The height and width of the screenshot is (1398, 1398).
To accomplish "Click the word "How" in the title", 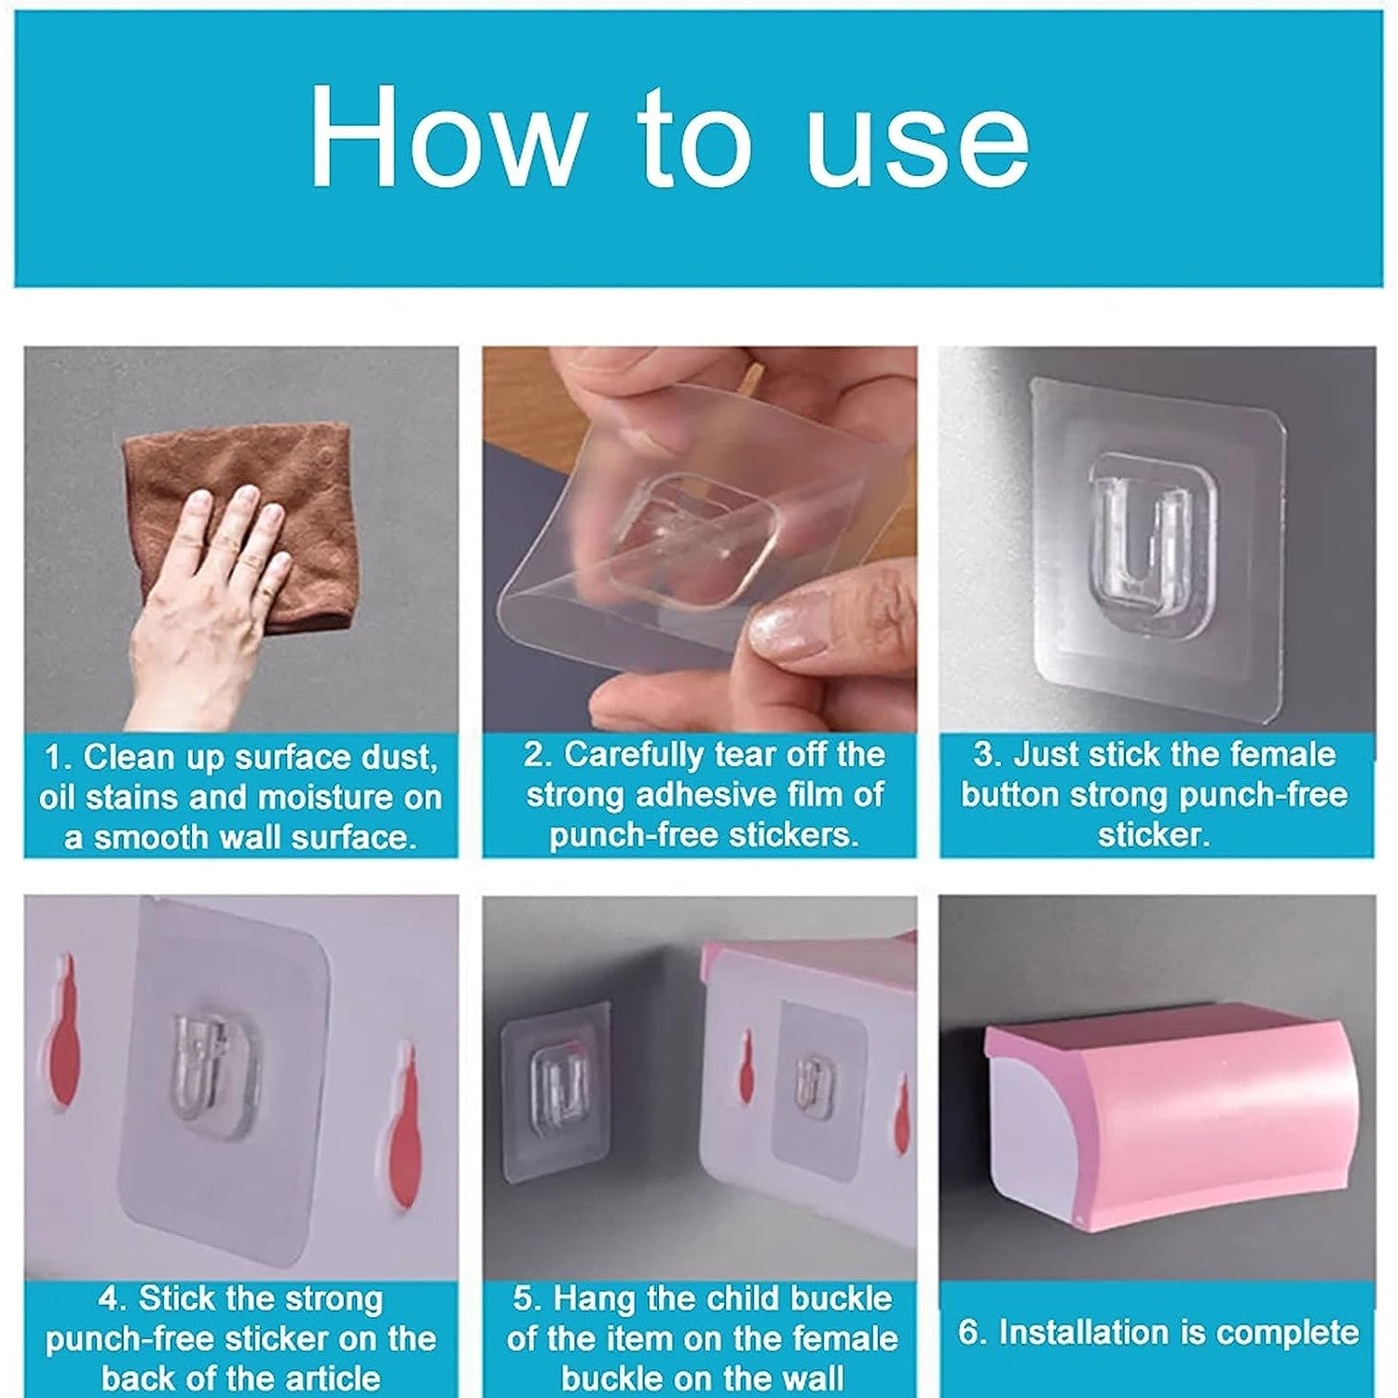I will (444, 137).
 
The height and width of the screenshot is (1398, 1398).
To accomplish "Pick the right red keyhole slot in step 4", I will (402, 1128).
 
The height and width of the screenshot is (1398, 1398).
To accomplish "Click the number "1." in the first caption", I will (58, 757).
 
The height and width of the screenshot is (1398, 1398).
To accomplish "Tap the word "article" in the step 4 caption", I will (325, 1377).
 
